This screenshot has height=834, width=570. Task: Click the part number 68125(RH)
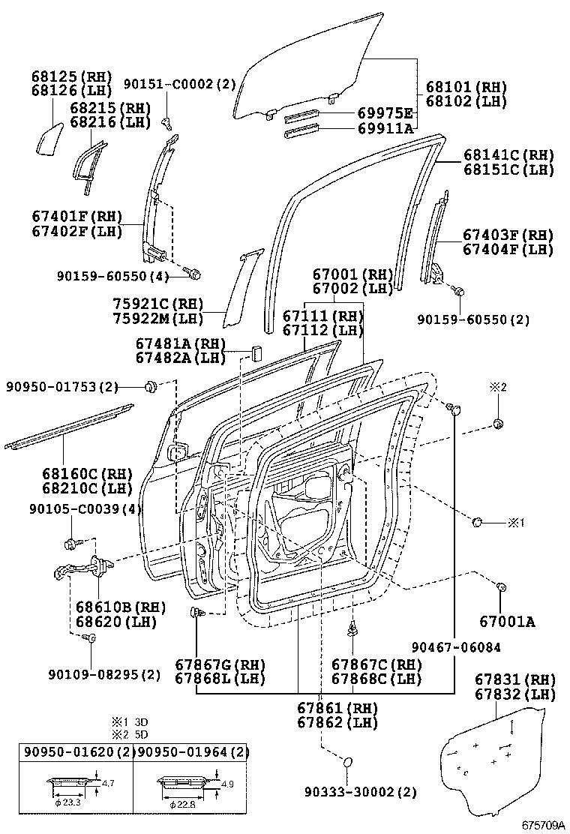71,76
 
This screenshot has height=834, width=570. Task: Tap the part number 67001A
508,621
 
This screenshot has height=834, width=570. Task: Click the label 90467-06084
456,646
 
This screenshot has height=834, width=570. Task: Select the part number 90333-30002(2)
361,792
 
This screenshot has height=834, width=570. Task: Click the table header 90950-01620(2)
76,751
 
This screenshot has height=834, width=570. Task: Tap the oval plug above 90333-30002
348,763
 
